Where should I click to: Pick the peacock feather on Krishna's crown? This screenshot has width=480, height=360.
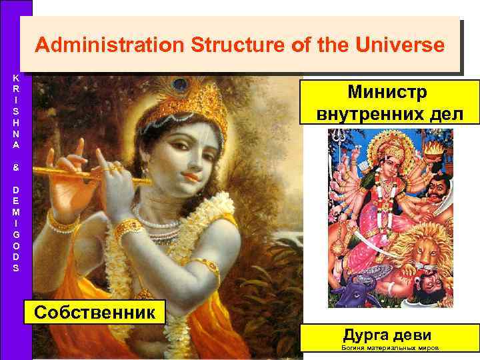[178, 85]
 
